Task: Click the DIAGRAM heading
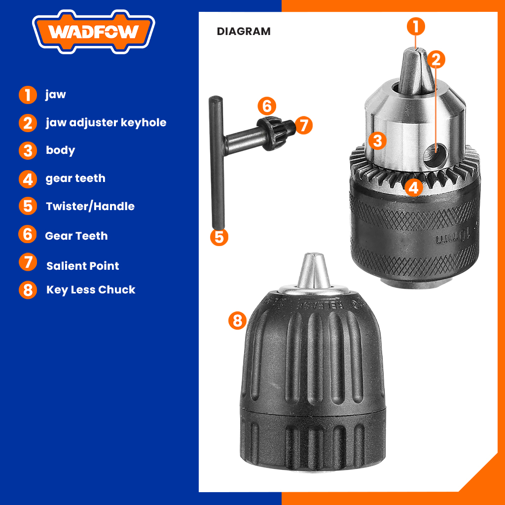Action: pos(244,32)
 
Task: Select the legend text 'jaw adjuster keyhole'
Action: pos(106,122)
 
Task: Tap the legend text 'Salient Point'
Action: pos(82,266)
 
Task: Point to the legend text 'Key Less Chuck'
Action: pos(91,289)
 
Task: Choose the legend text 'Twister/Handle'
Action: pos(90,206)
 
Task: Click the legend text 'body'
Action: pos(60,150)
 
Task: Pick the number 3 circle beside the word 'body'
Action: pos(28,150)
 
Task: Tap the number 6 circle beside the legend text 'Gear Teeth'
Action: pos(28,234)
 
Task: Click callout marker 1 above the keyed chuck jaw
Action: pos(416,26)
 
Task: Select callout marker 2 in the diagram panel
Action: pos(435,60)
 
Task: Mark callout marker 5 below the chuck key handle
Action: pos(219,237)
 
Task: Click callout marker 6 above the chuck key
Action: pos(266,106)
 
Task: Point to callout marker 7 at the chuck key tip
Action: pos(304,125)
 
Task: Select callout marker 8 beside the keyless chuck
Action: pos(237,321)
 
